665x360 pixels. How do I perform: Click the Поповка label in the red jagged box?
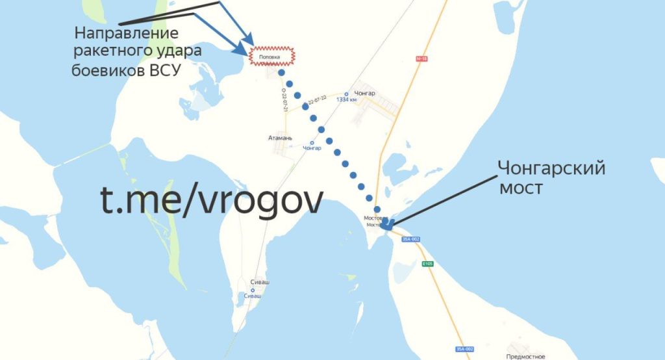pyautogui.click(x=270, y=57)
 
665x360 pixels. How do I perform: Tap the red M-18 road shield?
pyautogui.click(x=421, y=59)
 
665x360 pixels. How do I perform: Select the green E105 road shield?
pyautogui.click(x=427, y=264)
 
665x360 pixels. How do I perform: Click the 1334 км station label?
pyautogui.click(x=346, y=100)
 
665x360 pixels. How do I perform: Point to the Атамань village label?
pyautogui.click(x=281, y=138)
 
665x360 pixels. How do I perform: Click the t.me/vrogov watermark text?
pyautogui.click(x=211, y=201)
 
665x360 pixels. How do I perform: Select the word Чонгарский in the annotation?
pyautogui.click(x=551, y=169)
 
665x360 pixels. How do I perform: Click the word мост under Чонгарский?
pyautogui.click(x=521, y=189)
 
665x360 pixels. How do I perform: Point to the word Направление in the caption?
pyautogui.click(x=126, y=33)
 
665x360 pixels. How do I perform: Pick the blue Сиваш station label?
pyautogui.click(x=253, y=296)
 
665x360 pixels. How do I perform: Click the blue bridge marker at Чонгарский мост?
pyautogui.click(x=388, y=224)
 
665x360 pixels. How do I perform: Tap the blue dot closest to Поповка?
pyautogui.click(x=281, y=73)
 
